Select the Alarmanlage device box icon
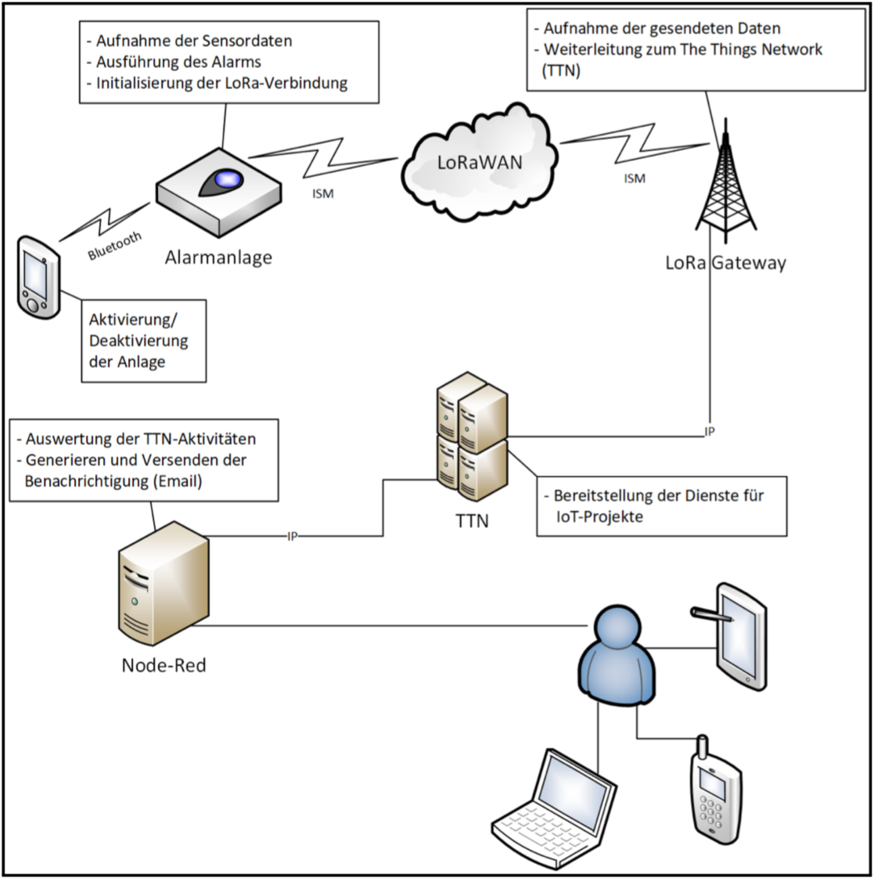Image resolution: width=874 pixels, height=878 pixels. click(x=219, y=191)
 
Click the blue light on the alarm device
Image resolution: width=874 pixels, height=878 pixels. click(x=229, y=178)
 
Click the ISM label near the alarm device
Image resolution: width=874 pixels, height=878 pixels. click(x=323, y=194)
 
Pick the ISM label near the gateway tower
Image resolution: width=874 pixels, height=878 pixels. click(x=635, y=178)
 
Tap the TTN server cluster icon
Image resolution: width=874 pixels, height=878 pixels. click(x=472, y=436)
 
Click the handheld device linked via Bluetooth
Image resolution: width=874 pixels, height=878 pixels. click(x=38, y=278)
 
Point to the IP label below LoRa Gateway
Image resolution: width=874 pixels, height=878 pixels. click(x=710, y=432)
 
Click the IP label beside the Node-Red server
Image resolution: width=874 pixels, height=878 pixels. click(x=292, y=537)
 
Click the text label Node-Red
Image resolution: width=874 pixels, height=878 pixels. click(x=164, y=665)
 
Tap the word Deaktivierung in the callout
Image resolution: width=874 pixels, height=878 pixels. click(x=138, y=340)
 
